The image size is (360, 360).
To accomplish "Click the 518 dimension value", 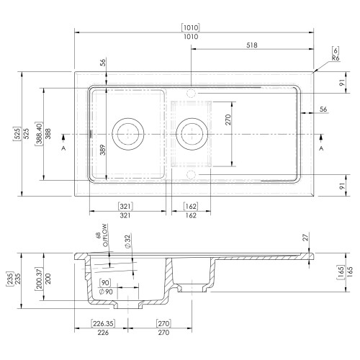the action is coord(252,45).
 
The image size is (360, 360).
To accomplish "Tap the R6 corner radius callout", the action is coord(336,58).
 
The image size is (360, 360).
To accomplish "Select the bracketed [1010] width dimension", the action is coord(191,27).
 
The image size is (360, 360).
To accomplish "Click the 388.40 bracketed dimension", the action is coord(40,134).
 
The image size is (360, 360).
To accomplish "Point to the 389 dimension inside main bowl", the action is coord(102,150).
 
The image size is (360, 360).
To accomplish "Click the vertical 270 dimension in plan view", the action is coord(228,120).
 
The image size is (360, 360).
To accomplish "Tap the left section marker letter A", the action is coord(63,148).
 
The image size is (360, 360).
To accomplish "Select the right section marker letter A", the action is coord(321,148).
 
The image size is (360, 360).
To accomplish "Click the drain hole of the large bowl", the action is coord(128,134).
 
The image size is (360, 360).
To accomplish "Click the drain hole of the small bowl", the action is coord(192,134).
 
